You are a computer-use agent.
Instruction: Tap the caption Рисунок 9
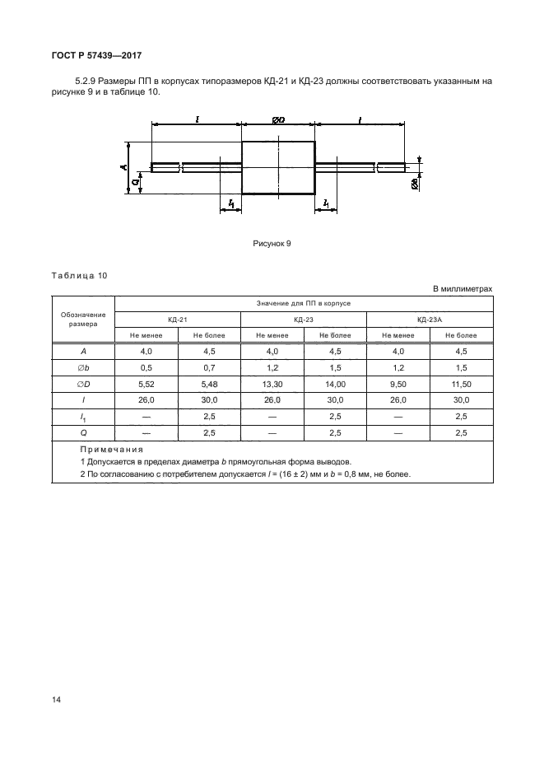[272, 244]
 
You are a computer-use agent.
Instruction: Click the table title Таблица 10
[79, 276]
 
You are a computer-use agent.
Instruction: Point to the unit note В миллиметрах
[462, 289]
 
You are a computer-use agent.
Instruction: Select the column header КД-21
[177, 320]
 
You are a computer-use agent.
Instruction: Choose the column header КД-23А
[430, 320]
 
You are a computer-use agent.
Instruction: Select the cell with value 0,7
[209, 366]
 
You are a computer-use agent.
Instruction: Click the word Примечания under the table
[112, 450]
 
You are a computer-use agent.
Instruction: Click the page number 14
[56, 699]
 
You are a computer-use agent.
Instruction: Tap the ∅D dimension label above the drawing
[277, 121]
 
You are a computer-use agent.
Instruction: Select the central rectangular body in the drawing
[278, 168]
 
